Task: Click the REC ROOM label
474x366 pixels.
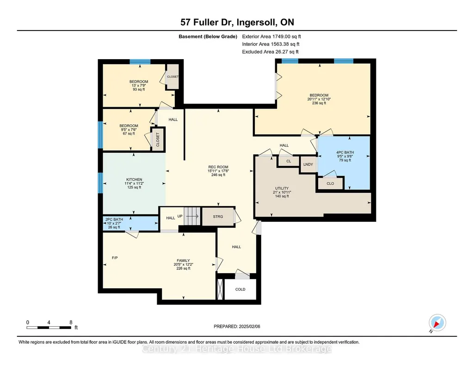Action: pyautogui.click(x=218, y=167)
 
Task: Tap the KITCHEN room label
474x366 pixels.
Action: pyautogui.click(x=134, y=179)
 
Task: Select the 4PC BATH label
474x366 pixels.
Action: pyautogui.click(x=345, y=152)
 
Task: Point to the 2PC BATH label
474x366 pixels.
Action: pyautogui.click(x=114, y=219)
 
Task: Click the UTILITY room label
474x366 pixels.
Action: pyautogui.click(x=282, y=188)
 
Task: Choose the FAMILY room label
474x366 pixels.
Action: pyautogui.click(x=183, y=260)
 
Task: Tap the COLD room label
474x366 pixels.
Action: pyautogui.click(x=240, y=289)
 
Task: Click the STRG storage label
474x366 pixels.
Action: pyautogui.click(x=218, y=217)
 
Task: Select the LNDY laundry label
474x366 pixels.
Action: pyautogui.click(x=308, y=164)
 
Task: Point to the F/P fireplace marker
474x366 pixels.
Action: pyautogui.click(x=115, y=257)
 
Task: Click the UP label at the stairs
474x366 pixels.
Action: pyautogui.click(x=180, y=216)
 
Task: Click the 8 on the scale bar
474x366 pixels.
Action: pyautogui.click(x=71, y=322)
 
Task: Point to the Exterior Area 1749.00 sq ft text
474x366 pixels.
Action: pyautogui.click(x=271, y=37)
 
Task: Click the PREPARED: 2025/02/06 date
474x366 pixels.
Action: pyautogui.click(x=237, y=326)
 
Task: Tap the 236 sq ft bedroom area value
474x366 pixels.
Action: pyautogui.click(x=319, y=103)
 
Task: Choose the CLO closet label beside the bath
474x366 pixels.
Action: pyautogui.click(x=330, y=183)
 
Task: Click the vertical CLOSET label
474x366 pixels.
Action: pyautogui.click(x=158, y=140)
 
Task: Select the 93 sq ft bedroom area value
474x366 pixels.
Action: pyautogui.click(x=139, y=89)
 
